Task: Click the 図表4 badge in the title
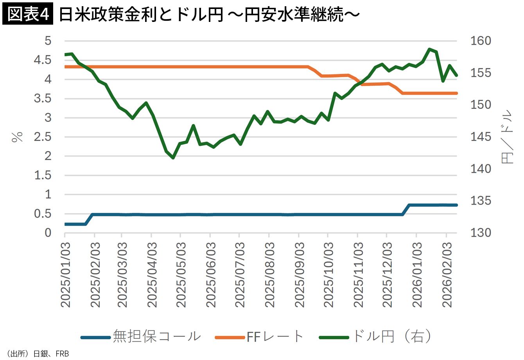[27, 14]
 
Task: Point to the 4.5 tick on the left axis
[43, 60]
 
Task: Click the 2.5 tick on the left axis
[43, 137]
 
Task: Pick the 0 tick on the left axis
[48, 233]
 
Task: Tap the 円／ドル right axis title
[507, 137]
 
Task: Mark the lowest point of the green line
[173, 158]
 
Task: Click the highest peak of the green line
[429, 49]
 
